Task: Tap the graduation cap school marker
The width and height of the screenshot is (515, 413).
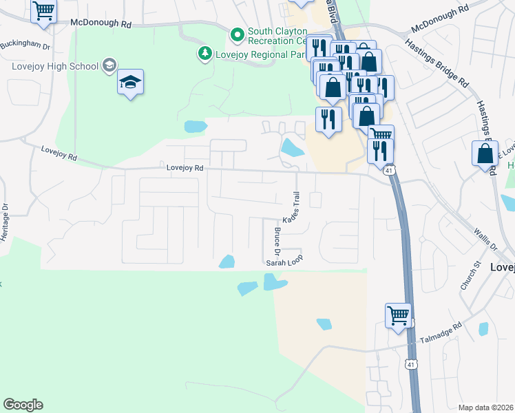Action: pyautogui.click(x=130, y=83)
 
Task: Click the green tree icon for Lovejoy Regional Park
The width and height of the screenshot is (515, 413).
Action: pyautogui.click(x=204, y=53)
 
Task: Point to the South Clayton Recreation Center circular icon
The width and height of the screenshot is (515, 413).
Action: pyautogui.click(x=237, y=34)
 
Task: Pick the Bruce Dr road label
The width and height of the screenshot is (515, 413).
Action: pyautogui.click(x=277, y=240)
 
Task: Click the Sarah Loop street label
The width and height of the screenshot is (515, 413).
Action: pyautogui.click(x=284, y=263)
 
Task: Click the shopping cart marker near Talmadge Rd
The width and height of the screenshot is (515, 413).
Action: pyautogui.click(x=399, y=315)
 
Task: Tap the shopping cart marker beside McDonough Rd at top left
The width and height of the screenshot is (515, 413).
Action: pyautogui.click(x=44, y=11)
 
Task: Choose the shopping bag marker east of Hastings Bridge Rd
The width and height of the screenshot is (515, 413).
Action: pyautogui.click(x=485, y=153)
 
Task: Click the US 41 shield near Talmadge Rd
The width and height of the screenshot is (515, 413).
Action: pyautogui.click(x=411, y=363)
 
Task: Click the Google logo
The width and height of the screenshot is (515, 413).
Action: pyautogui.click(x=23, y=405)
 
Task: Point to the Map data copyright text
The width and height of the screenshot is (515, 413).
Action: pyautogui.click(x=485, y=407)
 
